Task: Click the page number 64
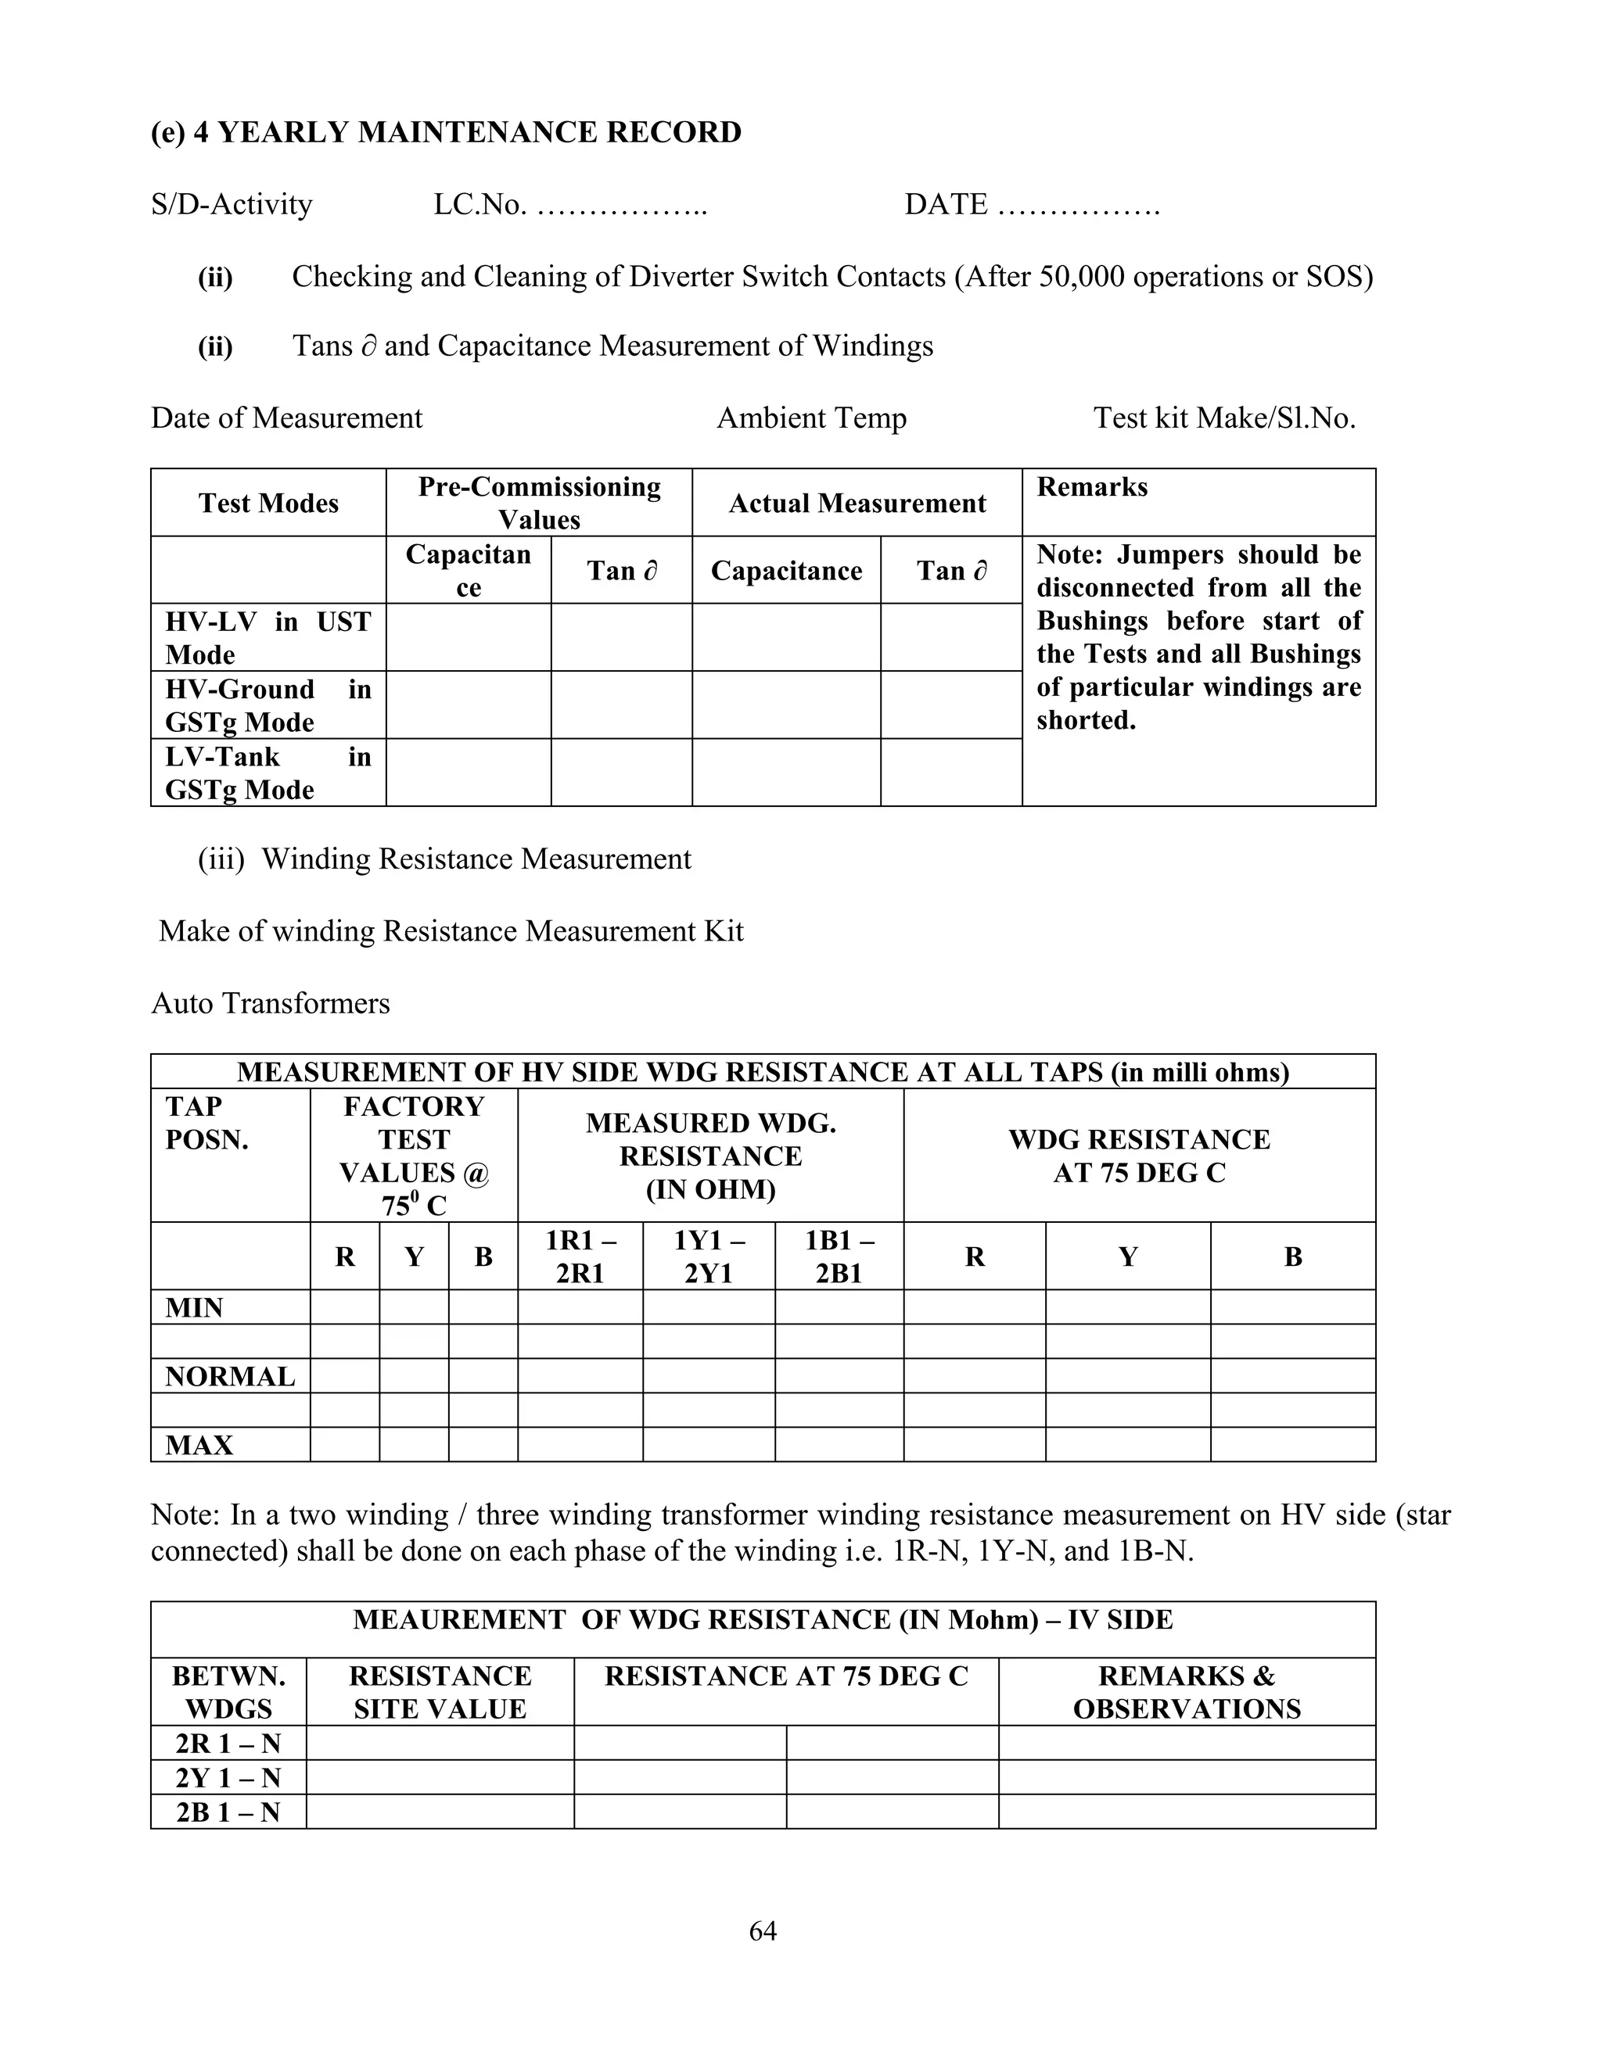point(763,1930)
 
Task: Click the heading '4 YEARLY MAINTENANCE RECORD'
point(467,132)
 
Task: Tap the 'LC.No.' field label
point(480,204)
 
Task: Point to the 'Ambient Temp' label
point(811,418)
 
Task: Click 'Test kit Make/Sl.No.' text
point(1224,418)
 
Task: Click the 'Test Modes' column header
point(268,503)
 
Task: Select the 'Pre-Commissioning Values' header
point(539,503)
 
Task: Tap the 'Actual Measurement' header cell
point(857,503)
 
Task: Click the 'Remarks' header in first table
point(1091,486)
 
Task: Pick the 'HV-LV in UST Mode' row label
point(268,637)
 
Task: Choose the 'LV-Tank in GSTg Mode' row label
point(268,773)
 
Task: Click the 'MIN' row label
point(195,1307)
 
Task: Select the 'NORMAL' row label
point(230,1377)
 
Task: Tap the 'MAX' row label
point(199,1445)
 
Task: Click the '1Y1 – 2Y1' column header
point(709,1256)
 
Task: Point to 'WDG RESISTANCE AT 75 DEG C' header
point(1139,1156)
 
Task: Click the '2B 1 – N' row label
point(228,1812)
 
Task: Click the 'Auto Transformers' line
point(271,1003)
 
